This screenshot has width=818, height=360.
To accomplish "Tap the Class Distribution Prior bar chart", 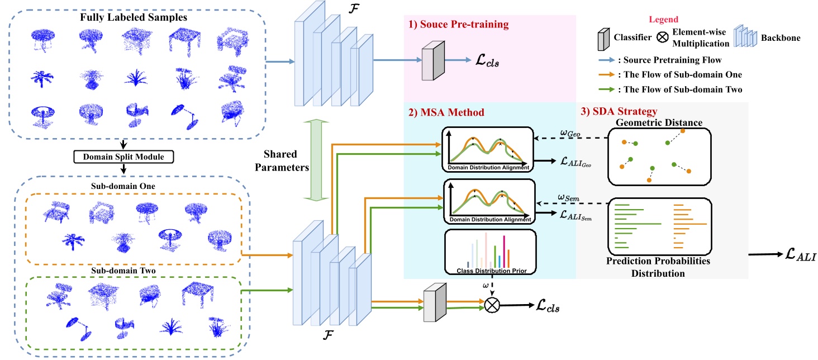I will click(489, 252).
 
